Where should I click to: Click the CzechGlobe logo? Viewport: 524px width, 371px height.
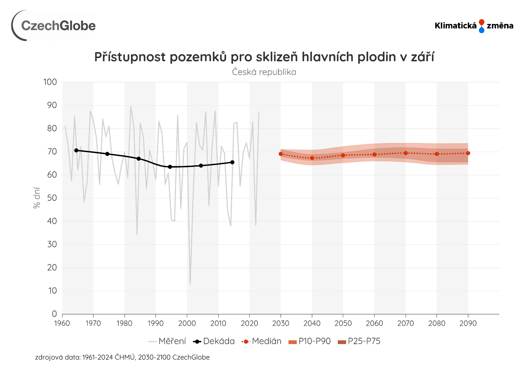point(54,26)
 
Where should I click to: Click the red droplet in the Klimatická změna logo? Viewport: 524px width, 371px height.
point(481,22)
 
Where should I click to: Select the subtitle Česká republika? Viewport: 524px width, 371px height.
point(264,72)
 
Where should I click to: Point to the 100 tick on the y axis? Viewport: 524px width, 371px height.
point(50,82)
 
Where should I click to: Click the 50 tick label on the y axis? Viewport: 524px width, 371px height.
point(52,198)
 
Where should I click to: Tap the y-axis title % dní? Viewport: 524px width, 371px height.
point(36,198)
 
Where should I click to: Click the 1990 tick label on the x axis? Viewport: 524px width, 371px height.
point(155,323)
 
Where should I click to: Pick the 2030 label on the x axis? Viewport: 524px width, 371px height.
point(281,323)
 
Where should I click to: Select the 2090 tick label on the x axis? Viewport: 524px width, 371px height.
point(468,323)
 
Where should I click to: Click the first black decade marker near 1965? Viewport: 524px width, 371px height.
point(76,150)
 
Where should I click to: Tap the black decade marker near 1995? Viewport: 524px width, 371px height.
point(170,167)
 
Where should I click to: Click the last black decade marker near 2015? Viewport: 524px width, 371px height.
point(232,162)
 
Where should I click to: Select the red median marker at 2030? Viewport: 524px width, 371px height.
point(281,154)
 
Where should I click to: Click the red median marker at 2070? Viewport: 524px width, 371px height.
point(406,153)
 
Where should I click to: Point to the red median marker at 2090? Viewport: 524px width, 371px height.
point(468,153)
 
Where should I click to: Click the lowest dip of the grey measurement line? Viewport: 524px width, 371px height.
point(190,284)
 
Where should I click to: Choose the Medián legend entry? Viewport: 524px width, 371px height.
point(262,341)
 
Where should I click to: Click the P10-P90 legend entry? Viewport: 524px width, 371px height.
point(310,341)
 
